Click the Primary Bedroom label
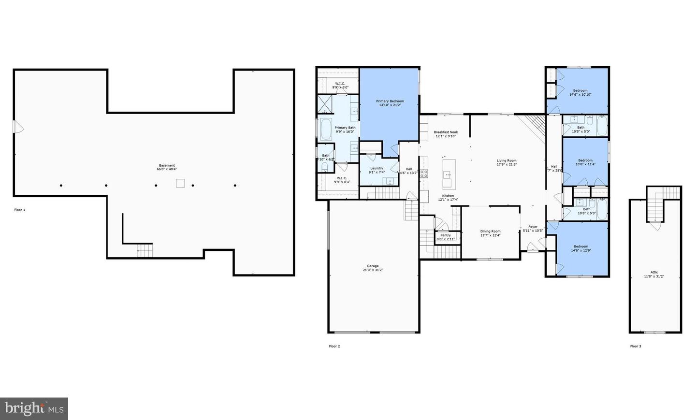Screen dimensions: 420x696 pyautogui.click(x=390, y=101)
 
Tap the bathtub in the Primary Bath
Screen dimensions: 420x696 pyautogui.click(x=326, y=129)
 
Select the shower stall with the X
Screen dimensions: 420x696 pyautogui.click(x=325, y=104)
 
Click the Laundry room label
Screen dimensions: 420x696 pyautogui.click(x=377, y=168)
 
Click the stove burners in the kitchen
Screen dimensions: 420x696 pyautogui.click(x=424, y=174)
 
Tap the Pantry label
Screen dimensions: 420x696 pyautogui.click(x=445, y=235)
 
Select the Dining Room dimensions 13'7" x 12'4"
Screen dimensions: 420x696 pyautogui.click(x=490, y=235)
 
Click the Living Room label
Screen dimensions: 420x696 pyautogui.click(x=507, y=160)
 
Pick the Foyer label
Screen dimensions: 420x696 pyautogui.click(x=533, y=227)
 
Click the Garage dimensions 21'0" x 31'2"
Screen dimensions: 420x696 pyautogui.click(x=373, y=270)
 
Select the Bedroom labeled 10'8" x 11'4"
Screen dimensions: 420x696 pyautogui.click(x=585, y=160)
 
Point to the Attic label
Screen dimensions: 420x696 pyautogui.click(x=654, y=272)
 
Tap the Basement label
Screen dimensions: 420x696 pyautogui.click(x=167, y=165)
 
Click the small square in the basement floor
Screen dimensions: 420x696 pyautogui.click(x=180, y=183)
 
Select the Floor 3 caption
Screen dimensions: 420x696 pyautogui.click(x=636, y=346)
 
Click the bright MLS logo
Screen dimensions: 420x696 pyautogui.click(x=34, y=409)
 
